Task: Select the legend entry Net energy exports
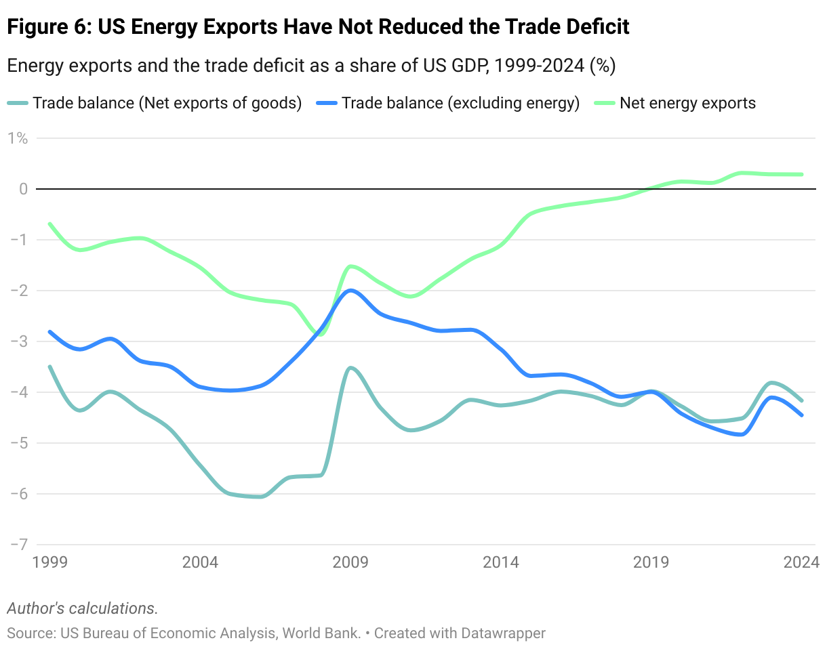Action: point(687,104)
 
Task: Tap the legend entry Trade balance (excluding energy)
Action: point(460,104)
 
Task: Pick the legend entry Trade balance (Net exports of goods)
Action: point(167,104)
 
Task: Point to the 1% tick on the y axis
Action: point(18,138)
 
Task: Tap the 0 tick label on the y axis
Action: point(22,189)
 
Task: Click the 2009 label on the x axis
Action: point(350,563)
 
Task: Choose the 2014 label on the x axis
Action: point(501,563)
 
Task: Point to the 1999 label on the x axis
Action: point(50,563)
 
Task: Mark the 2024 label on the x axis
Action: point(802,563)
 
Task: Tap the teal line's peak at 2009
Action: point(350,368)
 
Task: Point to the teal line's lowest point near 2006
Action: point(260,497)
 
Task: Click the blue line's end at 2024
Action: point(802,415)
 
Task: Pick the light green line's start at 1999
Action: point(50,224)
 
